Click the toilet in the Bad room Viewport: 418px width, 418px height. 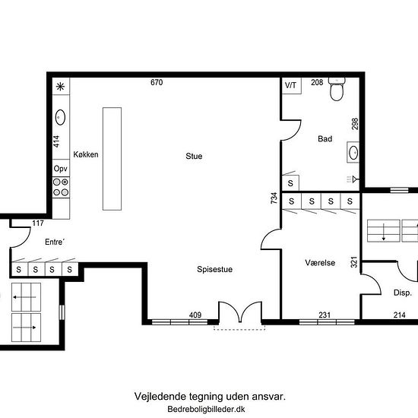click(337, 90)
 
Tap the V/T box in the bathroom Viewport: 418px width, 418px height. click(292, 86)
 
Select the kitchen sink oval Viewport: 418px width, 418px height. click(60, 117)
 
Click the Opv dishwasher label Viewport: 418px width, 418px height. click(61, 169)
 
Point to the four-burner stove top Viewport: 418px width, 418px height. click(61, 187)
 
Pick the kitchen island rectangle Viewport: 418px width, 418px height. click(112, 159)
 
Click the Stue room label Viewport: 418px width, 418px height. click(194, 156)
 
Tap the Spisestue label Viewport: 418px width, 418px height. click(214, 269)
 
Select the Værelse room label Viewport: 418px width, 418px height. click(320, 263)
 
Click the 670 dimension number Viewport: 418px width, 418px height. click(157, 82)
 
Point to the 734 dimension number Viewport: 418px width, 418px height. click(274, 198)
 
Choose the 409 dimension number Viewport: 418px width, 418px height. click(195, 315)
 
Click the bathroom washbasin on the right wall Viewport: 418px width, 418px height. click(353, 153)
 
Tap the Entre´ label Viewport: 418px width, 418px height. click(55, 242)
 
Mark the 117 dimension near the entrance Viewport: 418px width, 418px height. click(38, 223)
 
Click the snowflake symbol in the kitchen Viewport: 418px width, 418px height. click(60, 87)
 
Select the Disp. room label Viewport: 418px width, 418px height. click(403, 293)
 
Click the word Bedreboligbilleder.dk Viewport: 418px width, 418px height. click(206, 409)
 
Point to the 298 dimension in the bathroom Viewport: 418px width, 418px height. click(355, 124)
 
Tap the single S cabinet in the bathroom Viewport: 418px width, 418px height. click(290, 183)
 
